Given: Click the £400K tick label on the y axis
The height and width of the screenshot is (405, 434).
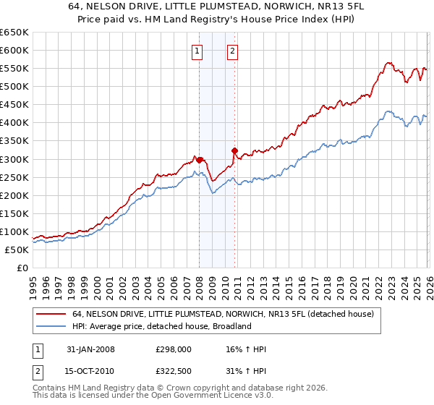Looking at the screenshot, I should tap(14, 123).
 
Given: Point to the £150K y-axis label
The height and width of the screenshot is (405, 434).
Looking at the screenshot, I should tap(14, 213).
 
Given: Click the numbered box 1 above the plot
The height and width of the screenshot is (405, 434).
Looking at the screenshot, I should tap(197, 51).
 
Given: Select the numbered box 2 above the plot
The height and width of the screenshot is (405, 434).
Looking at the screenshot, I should tap(233, 51).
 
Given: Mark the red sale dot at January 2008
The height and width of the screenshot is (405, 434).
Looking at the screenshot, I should tap(200, 160).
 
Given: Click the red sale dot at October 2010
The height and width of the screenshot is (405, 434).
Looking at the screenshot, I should tap(234, 150).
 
